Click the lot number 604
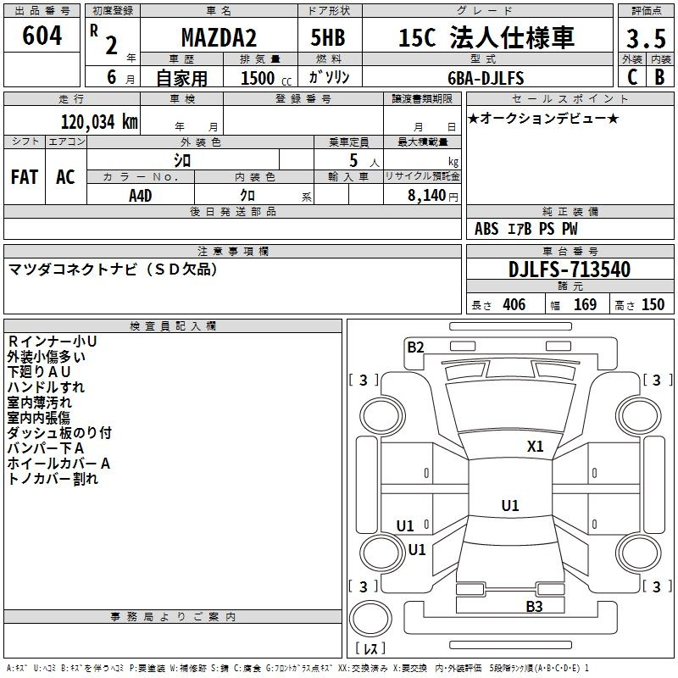pos(42,36)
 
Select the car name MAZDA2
pos(219,37)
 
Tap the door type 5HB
pos(328,37)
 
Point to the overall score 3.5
pos(646,38)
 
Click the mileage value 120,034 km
pos(99,122)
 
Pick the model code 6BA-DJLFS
pos(486,78)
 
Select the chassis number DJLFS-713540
pos(570,270)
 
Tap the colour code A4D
pos(140,196)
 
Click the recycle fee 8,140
pos(426,196)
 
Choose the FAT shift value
pos(25,177)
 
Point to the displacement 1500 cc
pos(266,78)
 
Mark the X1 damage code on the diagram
pos(535,446)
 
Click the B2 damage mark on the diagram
pos(415,347)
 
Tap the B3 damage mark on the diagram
pos(534,606)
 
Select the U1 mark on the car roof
pos(510,505)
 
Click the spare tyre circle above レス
pos(370,619)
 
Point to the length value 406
pos(514,304)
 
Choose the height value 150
pos(653,304)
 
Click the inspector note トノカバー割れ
pos(53,479)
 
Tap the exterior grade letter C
pos(632,77)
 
